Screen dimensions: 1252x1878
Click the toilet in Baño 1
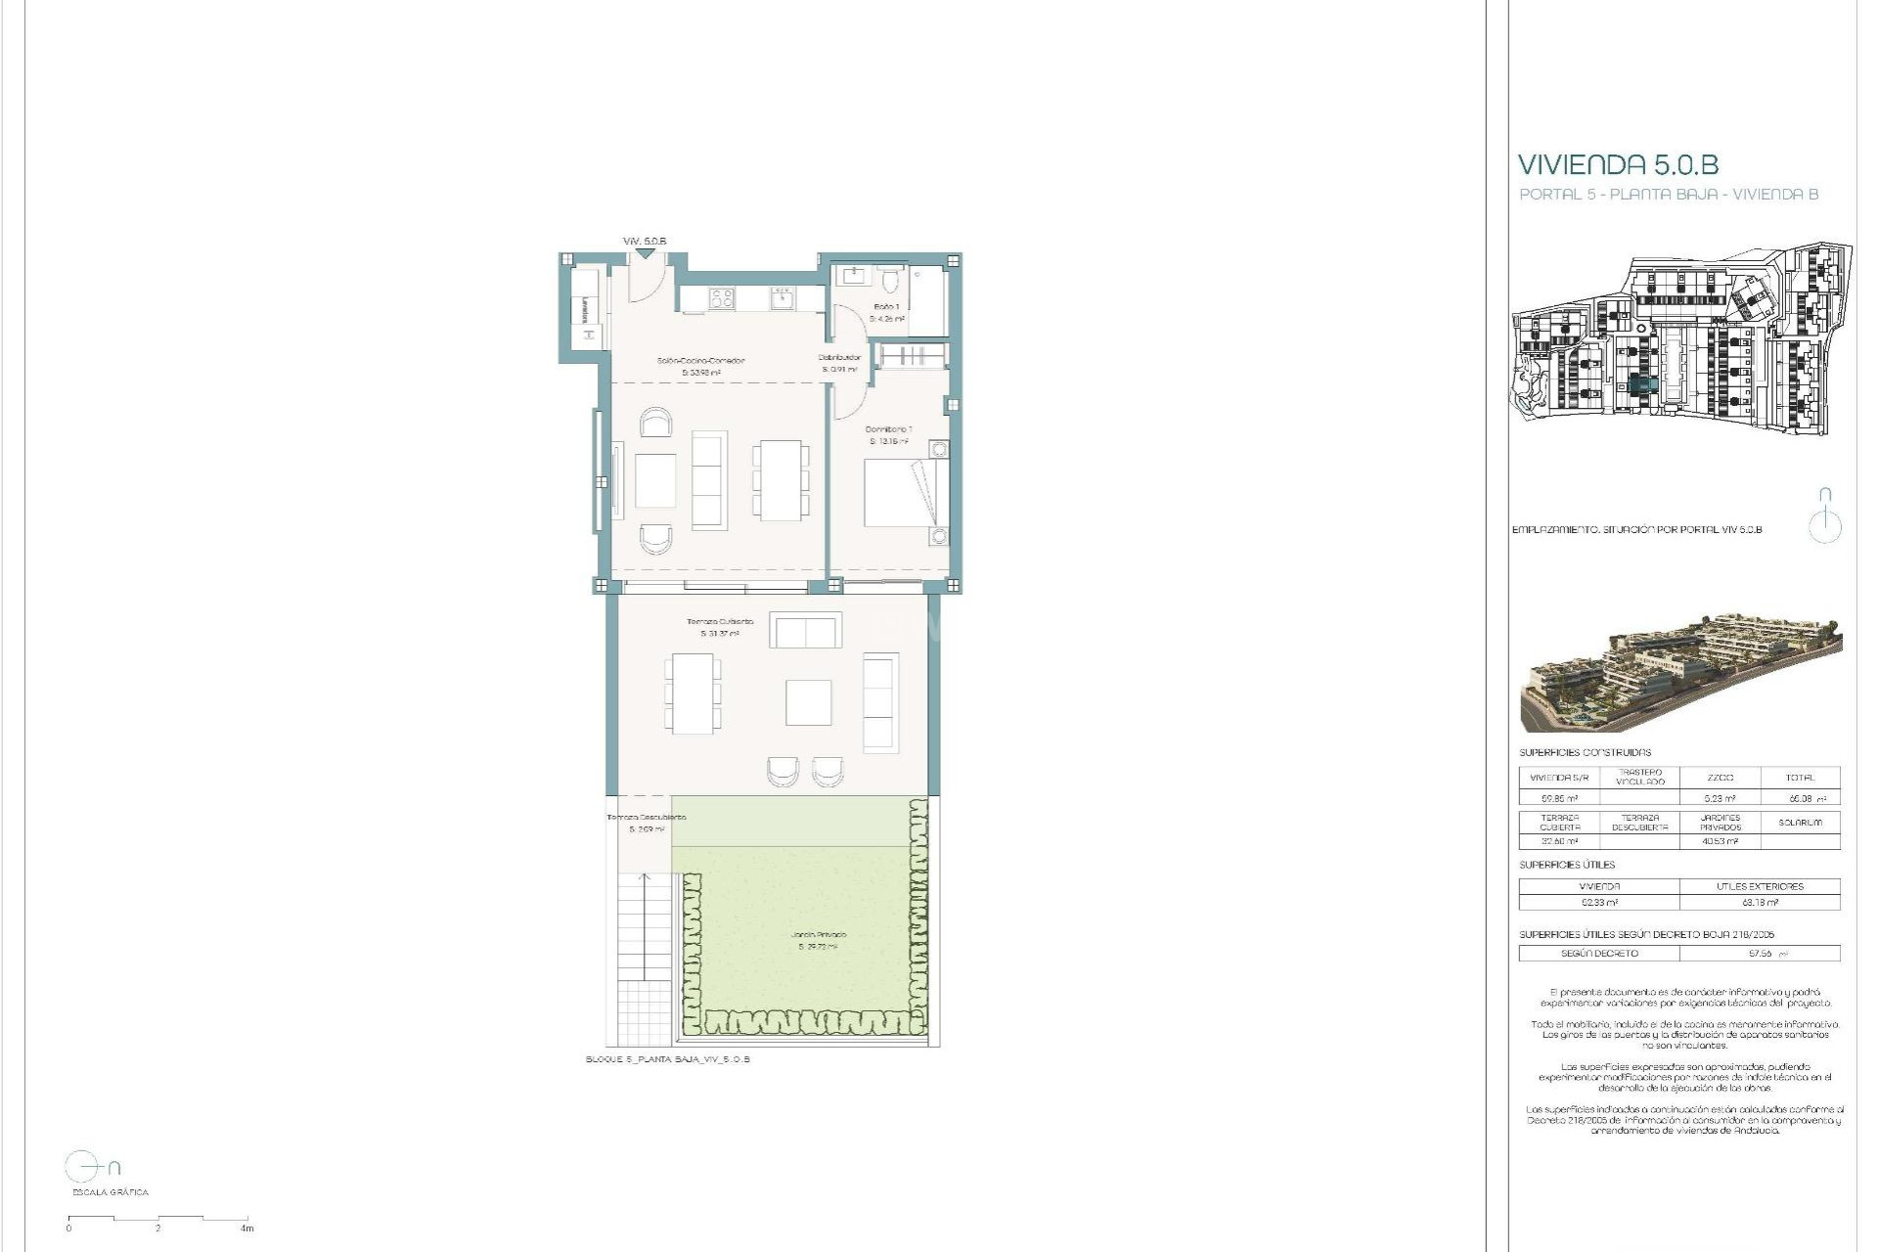[x=890, y=283]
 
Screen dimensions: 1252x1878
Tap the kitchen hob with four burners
[x=722, y=297]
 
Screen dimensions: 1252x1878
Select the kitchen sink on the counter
[x=782, y=297]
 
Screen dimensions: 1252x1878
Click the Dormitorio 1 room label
[x=888, y=429]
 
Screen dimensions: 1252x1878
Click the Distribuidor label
[x=839, y=358]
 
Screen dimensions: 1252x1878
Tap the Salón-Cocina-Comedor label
[x=700, y=361]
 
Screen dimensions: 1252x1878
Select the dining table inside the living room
[x=781, y=479]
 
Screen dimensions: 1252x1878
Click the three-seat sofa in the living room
[x=709, y=480]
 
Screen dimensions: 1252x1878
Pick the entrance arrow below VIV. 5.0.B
[x=644, y=254]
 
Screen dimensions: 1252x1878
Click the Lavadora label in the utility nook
[x=585, y=310]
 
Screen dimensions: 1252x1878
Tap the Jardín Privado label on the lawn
[x=819, y=935]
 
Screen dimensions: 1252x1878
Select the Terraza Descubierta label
[x=647, y=818]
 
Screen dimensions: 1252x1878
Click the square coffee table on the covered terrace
[x=809, y=702]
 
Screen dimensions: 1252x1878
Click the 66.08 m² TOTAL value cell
[x=1800, y=799]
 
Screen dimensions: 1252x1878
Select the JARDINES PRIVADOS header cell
[x=1720, y=823]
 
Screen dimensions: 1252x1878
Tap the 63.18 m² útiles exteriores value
[x=1760, y=903]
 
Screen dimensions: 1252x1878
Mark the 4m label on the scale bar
[x=247, y=1229]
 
